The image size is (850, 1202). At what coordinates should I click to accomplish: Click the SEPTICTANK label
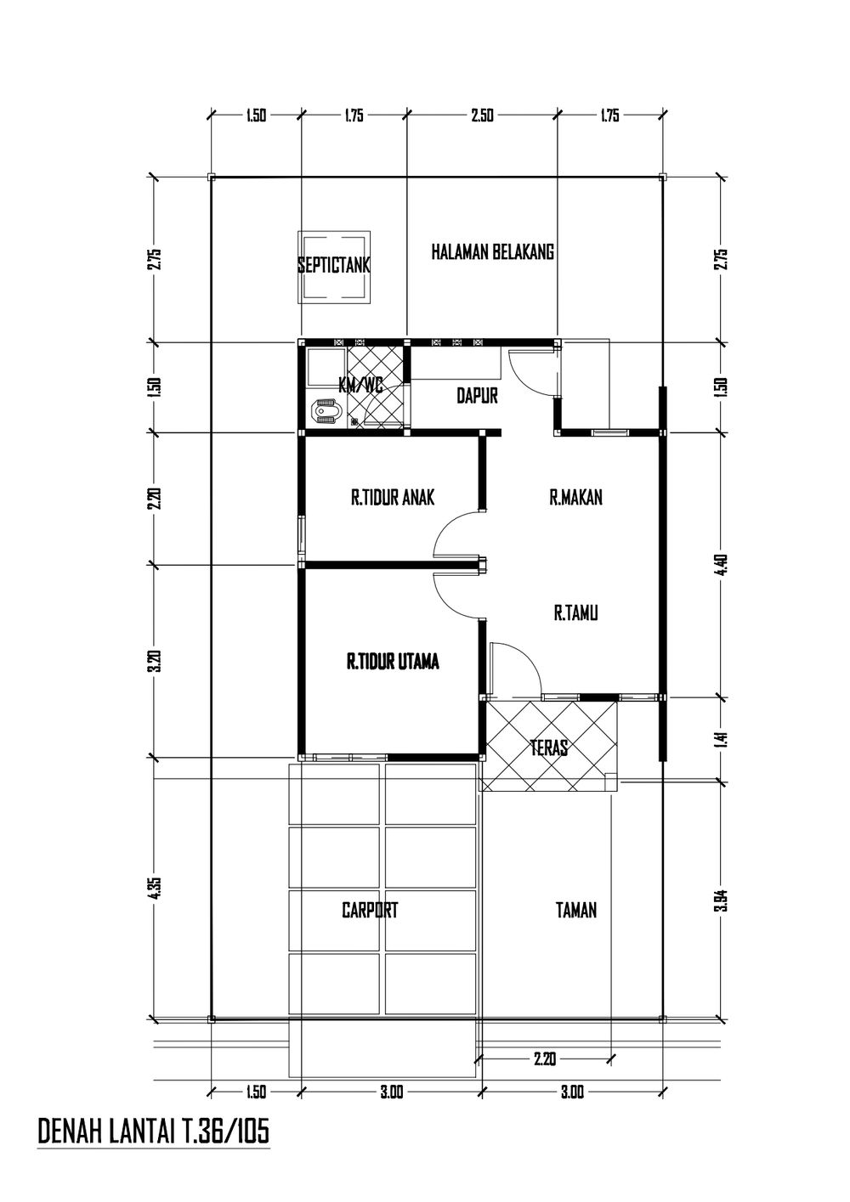coord(334,266)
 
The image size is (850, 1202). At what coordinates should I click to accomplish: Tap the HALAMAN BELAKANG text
coord(492,252)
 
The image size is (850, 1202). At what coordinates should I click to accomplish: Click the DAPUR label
coord(477,396)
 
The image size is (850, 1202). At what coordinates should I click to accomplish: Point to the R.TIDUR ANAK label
coord(392,498)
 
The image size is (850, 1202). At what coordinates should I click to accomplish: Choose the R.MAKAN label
coord(575,498)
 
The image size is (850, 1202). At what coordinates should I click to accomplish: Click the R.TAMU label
coord(575,612)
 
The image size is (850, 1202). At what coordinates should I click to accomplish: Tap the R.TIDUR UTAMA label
coord(393,663)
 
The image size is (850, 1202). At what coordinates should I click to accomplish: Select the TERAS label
coord(548,748)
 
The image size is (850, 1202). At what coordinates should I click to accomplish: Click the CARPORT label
coord(370,911)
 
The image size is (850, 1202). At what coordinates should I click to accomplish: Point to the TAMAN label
coord(575,911)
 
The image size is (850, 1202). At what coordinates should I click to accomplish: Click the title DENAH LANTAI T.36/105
coord(154,1131)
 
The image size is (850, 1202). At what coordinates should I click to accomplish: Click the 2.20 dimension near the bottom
coord(544,1059)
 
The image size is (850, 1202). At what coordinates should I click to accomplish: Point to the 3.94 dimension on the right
coord(722,899)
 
